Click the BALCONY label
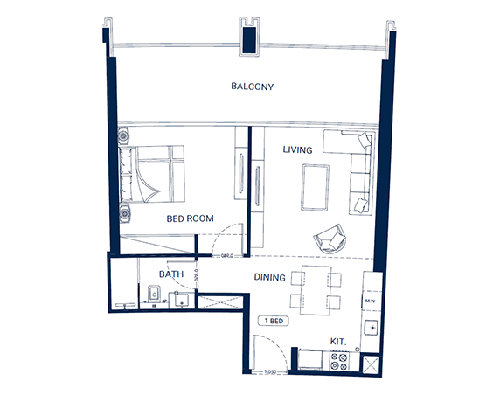tap(253, 87)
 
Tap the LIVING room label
tap(297, 150)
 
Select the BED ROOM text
tap(190, 218)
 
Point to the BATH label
tap(170, 274)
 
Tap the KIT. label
tap(339, 342)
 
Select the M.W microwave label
tap(370, 301)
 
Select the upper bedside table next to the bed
tap(123, 136)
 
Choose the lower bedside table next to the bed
tap(123, 212)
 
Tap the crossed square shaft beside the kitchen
tap(370, 364)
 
